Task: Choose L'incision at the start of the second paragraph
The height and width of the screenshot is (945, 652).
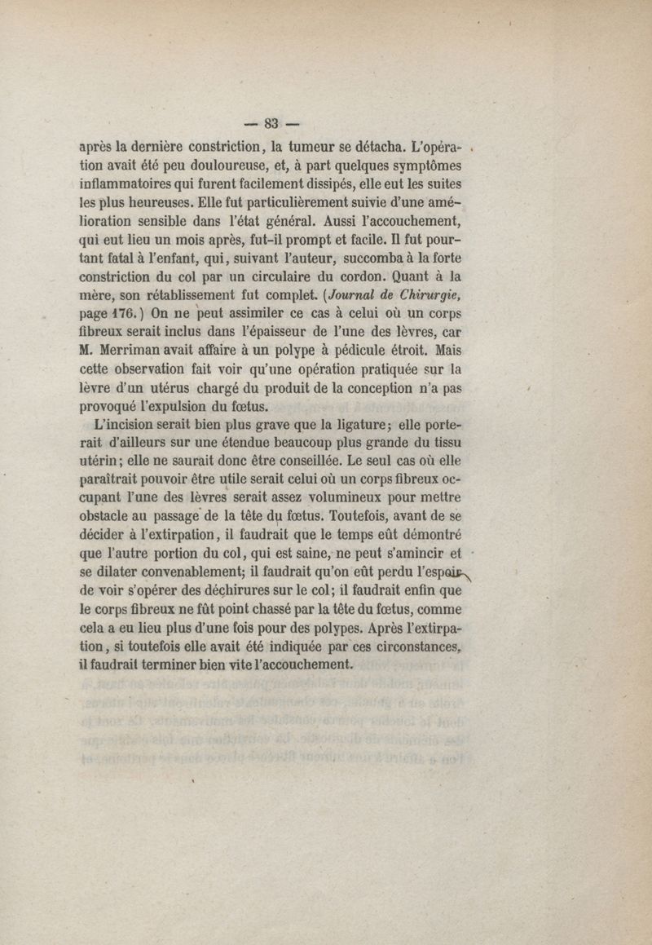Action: tap(124, 429)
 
